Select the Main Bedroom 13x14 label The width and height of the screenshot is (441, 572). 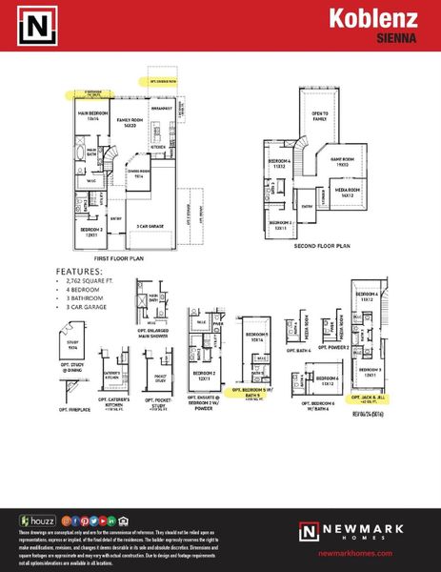[x=87, y=116]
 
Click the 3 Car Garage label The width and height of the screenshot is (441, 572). [x=149, y=226]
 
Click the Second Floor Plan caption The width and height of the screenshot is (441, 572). [x=322, y=245]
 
